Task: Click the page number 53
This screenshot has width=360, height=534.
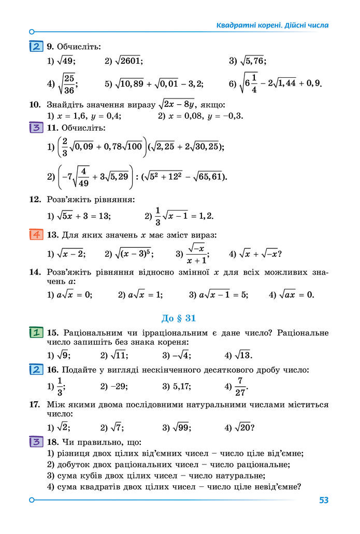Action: coord(324,500)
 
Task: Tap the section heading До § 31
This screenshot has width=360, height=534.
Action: coord(179,318)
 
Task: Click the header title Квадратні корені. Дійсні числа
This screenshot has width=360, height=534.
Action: coord(272,25)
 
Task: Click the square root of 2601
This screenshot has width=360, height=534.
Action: coord(128,61)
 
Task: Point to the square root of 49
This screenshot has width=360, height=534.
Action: coord(66,61)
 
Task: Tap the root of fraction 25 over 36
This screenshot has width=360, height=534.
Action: coord(67,83)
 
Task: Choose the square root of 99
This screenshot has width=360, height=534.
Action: coord(181,428)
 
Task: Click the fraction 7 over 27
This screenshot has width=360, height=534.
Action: coord(240,386)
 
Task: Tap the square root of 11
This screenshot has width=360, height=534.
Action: coord(118,355)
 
